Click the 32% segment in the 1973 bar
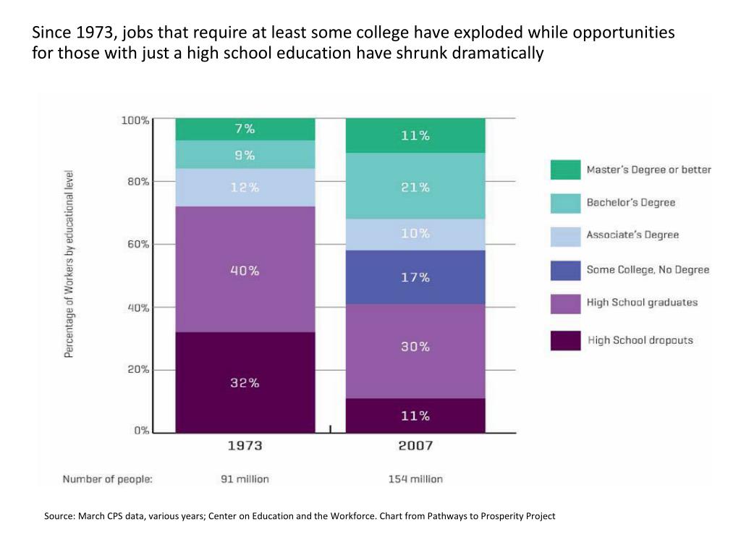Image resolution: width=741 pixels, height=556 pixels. point(245,382)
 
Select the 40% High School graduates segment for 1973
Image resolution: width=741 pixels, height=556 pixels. point(245,270)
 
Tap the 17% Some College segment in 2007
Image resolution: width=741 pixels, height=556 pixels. point(415,277)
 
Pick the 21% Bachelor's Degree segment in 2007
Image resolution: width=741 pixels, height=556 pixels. point(415,187)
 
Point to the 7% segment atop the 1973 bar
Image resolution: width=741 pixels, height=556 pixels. point(245,129)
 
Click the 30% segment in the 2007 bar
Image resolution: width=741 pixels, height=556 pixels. point(415,347)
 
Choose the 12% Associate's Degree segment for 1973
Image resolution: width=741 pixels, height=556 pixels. point(245,187)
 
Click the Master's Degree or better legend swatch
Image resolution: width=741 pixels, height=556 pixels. point(565,169)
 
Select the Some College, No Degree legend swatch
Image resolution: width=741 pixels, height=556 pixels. point(565,270)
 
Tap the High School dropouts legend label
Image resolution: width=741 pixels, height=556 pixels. point(640,340)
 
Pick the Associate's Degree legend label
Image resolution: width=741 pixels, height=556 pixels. point(632,235)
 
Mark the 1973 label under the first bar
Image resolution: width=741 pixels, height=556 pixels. point(245,446)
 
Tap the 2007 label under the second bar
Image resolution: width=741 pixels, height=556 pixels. point(415,446)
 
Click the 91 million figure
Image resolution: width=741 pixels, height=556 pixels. point(245,479)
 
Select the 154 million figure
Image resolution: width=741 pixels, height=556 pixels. point(415,479)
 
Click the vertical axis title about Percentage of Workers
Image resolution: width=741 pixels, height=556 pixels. point(69,264)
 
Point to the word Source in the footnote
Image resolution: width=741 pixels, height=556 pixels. point(59,516)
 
